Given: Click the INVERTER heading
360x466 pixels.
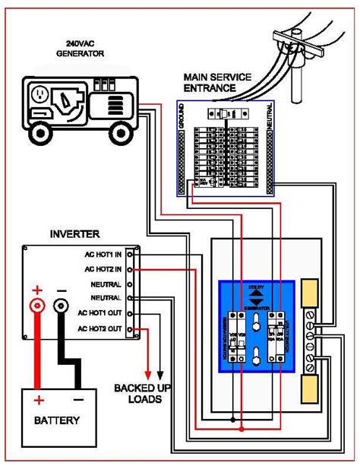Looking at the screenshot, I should point(75,234).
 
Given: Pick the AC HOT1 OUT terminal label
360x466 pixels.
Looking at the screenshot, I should point(103,312).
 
